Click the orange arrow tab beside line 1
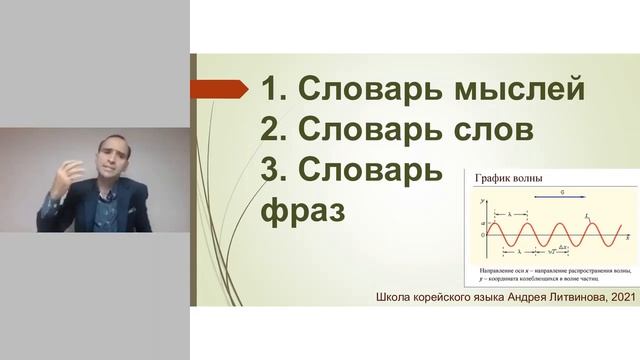click(221, 89)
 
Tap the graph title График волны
click(510, 181)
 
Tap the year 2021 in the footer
click(616, 297)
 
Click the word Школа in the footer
click(394, 297)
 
